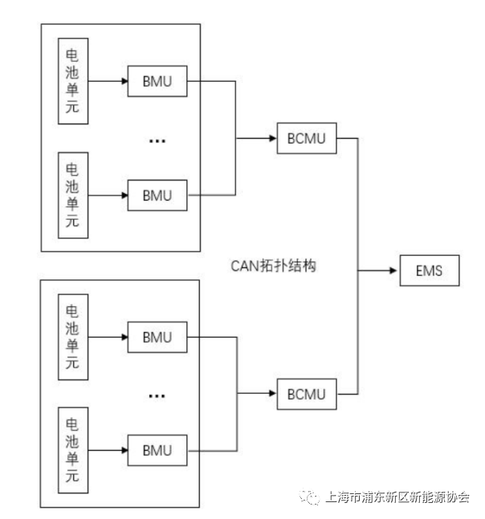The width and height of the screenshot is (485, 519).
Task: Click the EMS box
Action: pos(430,270)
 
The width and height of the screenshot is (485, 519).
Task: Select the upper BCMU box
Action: pos(306,138)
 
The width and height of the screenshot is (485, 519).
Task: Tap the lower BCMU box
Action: pos(306,394)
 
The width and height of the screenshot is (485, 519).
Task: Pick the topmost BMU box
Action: pos(157,81)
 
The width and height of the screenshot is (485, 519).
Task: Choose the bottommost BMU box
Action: pos(157,448)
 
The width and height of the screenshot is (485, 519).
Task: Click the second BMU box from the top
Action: pos(157,194)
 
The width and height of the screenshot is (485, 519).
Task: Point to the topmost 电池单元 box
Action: pos(72,80)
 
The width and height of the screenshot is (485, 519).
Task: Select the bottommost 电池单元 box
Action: pos(72,448)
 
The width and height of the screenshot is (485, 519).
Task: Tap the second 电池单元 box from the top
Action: pos(72,194)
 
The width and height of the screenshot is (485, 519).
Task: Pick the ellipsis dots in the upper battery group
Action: pos(157,140)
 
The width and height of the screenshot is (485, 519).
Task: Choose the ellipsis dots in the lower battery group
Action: pos(157,395)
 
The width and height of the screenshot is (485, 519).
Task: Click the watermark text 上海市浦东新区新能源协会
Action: pos(398,497)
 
